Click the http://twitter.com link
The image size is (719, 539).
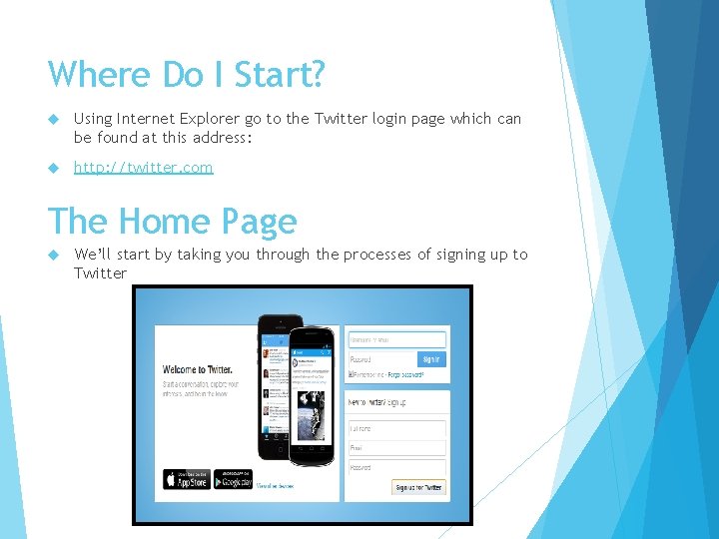(143, 167)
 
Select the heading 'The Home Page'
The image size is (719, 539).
(173, 221)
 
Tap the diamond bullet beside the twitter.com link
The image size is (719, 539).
(57, 167)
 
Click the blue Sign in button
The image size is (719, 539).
(431, 358)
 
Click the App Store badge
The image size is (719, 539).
(187, 479)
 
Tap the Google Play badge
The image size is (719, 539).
(233, 479)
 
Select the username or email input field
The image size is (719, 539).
(396, 340)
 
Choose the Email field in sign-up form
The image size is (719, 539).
(396, 448)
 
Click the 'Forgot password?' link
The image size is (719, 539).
(405, 375)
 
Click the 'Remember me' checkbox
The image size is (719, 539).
(351, 375)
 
